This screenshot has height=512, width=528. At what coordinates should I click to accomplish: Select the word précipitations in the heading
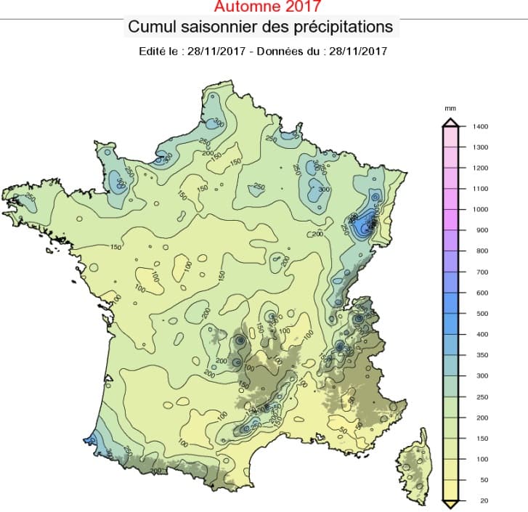tap(345, 27)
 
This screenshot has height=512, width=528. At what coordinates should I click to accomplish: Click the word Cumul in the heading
tap(149, 27)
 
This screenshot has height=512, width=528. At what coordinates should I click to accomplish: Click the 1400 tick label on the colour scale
tap(480, 126)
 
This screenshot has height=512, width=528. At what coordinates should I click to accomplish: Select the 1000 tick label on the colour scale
tap(480, 209)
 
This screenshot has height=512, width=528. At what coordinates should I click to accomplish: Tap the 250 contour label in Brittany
tap(31, 197)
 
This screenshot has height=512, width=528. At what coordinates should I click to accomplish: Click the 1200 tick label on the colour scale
tap(480, 168)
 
